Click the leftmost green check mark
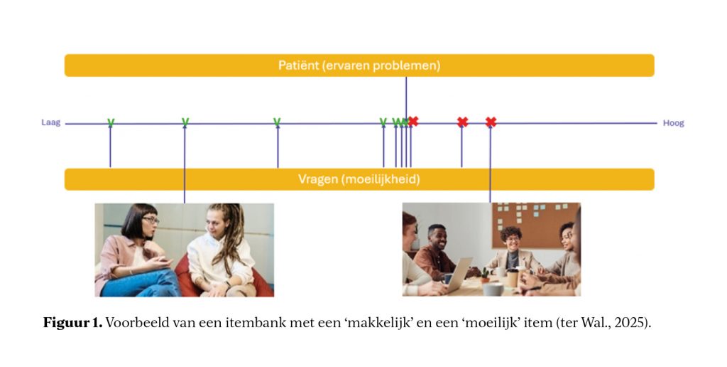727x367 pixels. (110, 122)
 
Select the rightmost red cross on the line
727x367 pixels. (491, 122)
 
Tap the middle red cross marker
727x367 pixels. (462, 122)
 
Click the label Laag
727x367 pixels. (51, 123)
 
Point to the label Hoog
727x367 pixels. (673, 123)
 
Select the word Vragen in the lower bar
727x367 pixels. (318, 179)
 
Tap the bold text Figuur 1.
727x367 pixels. (73, 322)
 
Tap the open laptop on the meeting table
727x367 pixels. (459, 275)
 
